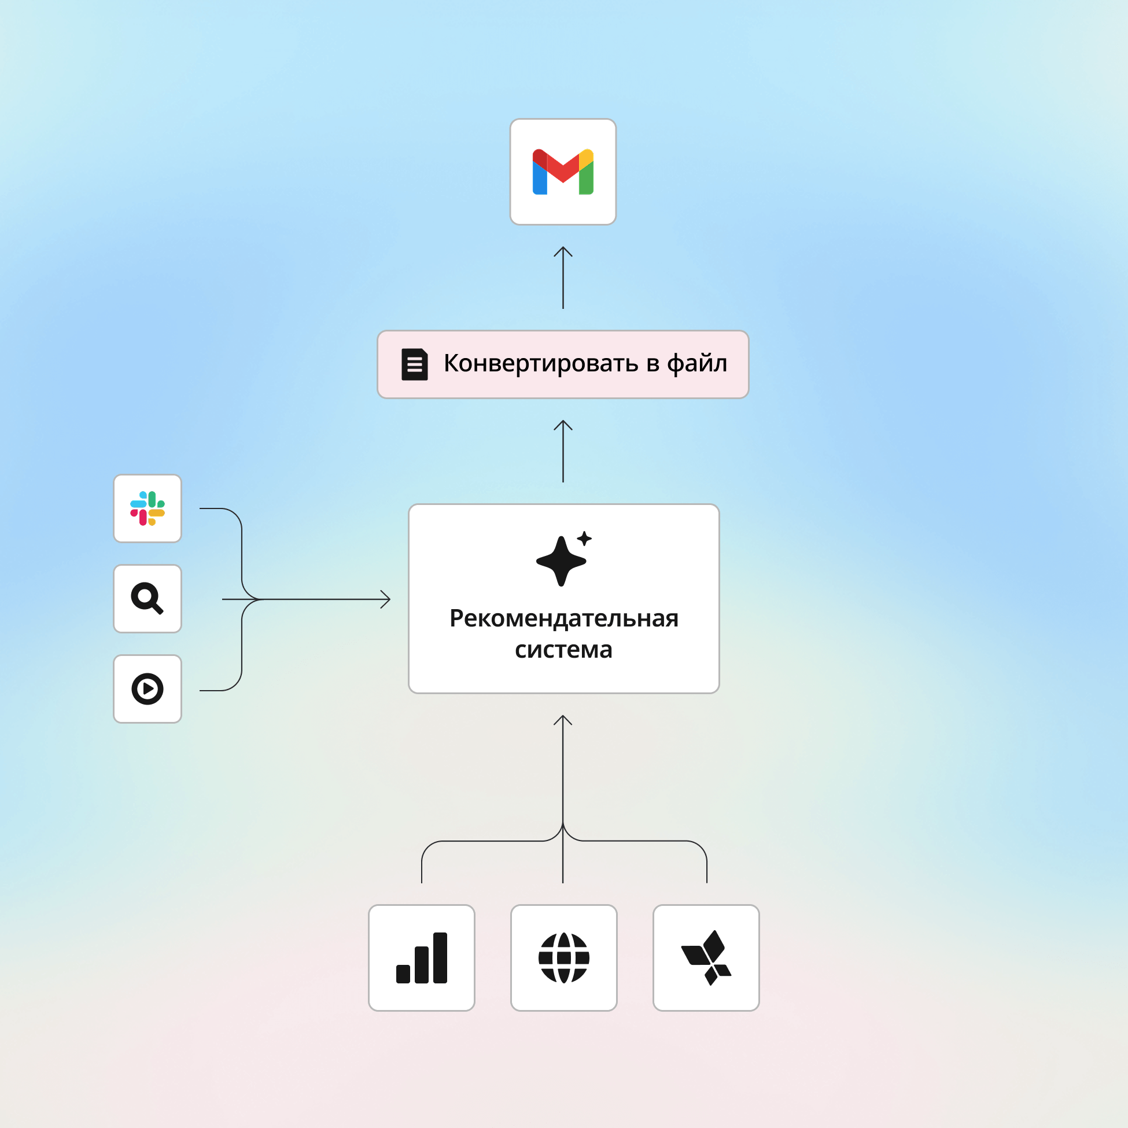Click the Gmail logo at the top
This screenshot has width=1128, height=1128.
(x=563, y=172)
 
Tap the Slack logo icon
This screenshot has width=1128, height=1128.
(x=147, y=508)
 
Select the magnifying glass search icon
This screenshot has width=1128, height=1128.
(x=147, y=599)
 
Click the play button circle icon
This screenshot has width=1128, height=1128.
(x=147, y=689)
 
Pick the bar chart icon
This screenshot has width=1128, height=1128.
(x=422, y=958)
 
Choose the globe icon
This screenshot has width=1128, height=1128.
(x=564, y=958)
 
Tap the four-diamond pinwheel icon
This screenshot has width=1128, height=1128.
(x=706, y=958)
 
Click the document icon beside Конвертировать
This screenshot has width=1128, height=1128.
(x=415, y=364)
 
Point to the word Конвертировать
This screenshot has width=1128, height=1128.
(x=541, y=364)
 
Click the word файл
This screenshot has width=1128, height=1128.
(x=697, y=364)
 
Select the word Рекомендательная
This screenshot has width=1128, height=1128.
(x=564, y=619)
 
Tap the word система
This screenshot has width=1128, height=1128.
(x=564, y=650)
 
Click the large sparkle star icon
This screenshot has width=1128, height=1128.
(x=561, y=561)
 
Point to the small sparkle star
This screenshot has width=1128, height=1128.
(x=584, y=539)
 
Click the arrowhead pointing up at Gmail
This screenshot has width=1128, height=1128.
(x=563, y=251)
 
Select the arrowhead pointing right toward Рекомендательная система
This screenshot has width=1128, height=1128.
(x=386, y=599)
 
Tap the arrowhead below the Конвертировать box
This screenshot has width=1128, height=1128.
(x=563, y=425)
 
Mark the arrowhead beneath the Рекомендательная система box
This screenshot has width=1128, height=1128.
(x=563, y=720)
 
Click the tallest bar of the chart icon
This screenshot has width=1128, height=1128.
(x=440, y=958)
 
